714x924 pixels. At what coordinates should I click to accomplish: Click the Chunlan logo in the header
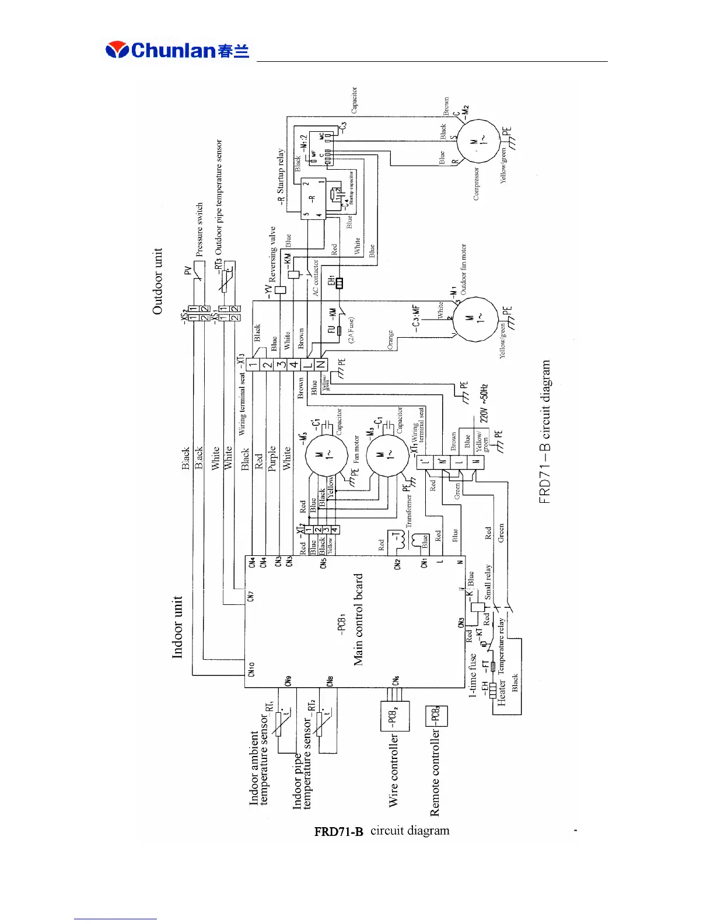[x=177, y=50]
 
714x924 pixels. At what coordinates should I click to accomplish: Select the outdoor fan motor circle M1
[x=476, y=320]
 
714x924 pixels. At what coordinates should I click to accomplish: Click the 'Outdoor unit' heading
[x=157, y=282]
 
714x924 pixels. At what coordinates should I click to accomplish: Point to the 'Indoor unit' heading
[x=177, y=627]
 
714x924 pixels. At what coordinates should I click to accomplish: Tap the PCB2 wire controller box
[x=395, y=716]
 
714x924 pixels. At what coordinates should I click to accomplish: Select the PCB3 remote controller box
[x=436, y=716]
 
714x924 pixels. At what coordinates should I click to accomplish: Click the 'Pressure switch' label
[x=199, y=230]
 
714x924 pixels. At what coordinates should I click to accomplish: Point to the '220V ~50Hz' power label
[x=484, y=404]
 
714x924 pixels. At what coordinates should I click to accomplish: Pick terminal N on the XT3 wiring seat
[x=321, y=365]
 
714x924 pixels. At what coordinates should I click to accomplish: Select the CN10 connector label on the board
[x=252, y=668]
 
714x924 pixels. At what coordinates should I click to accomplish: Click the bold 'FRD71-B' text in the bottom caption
[x=338, y=831]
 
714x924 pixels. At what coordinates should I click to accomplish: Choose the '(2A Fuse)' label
[x=351, y=330]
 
